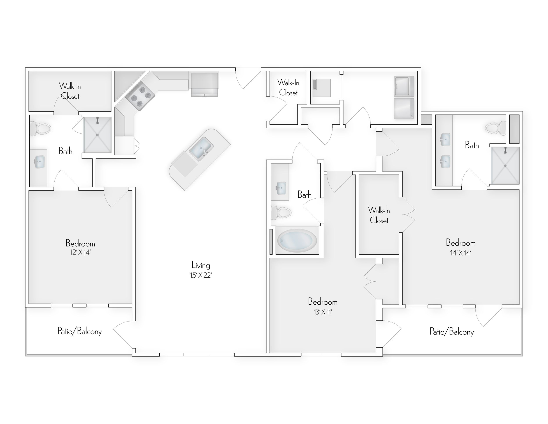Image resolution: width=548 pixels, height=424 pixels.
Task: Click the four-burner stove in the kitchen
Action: (x=141, y=96)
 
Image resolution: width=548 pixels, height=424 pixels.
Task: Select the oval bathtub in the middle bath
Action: (x=297, y=241)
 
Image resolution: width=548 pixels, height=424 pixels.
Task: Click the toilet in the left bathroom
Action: (x=40, y=129)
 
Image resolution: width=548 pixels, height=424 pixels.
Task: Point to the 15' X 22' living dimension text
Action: (x=201, y=275)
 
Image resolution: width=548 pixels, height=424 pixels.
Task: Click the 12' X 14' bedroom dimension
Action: (x=80, y=252)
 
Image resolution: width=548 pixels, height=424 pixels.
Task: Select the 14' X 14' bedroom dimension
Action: (x=461, y=253)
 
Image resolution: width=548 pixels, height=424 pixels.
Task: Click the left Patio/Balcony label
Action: (x=80, y=331)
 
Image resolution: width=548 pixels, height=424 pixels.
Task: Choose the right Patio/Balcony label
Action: (x=451, y=332)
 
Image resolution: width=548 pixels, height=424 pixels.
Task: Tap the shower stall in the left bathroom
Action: (x=97, y=135)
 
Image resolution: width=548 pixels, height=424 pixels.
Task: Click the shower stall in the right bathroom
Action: (x=505, y=166)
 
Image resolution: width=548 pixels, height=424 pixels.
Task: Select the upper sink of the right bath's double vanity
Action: (x=445, y=139)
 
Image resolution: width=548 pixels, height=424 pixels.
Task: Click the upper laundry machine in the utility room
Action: (x=404, y=86)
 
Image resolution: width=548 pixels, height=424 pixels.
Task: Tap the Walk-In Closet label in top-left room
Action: (x=70, y=91)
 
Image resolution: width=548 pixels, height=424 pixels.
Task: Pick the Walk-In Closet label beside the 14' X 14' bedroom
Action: (x=379, y=215)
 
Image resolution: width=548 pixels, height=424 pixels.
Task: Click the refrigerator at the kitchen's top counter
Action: (x=205, y=84)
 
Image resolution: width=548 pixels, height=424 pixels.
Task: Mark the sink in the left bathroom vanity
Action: (x=39, y=162)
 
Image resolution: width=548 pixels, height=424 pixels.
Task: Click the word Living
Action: (x=201, y=265)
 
